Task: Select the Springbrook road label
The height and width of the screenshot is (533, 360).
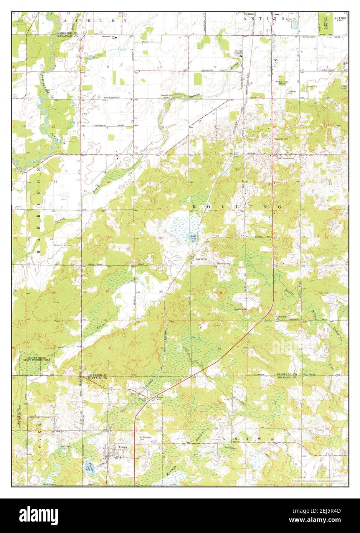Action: [x=111, y=98]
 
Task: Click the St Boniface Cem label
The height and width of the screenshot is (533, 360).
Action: [x=147, y=438]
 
